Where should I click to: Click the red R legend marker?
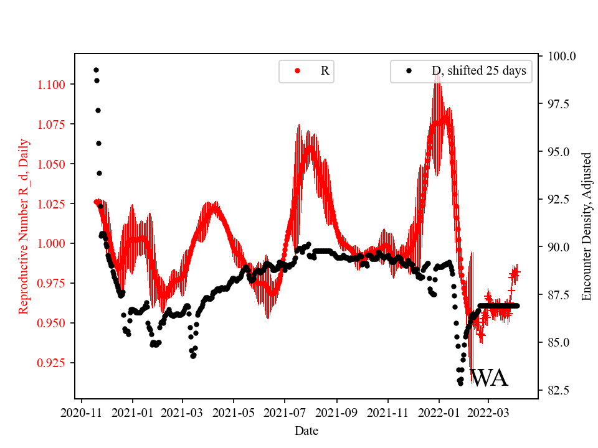tap(297, 71)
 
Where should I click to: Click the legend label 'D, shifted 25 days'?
tap(478, 71)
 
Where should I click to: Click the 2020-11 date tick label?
tap(81, 412)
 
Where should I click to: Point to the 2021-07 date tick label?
tap(285, 412)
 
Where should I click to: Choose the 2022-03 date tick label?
tap(488, 412)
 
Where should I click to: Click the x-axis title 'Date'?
tap(305, 431)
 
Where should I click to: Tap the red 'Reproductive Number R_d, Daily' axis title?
tap(23, 226)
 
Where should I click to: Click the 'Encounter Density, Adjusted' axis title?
tap(586, 226)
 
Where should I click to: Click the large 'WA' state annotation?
tap(489, 378)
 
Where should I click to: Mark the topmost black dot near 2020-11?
tap(96, 70)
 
